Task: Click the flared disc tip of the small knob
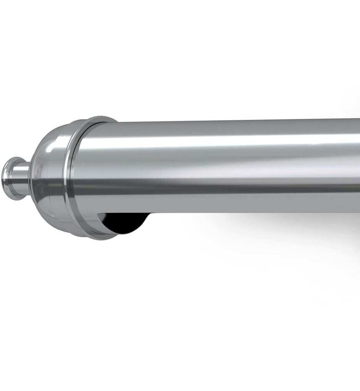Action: pos(8,178)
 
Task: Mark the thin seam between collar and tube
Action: pos(79,169)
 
